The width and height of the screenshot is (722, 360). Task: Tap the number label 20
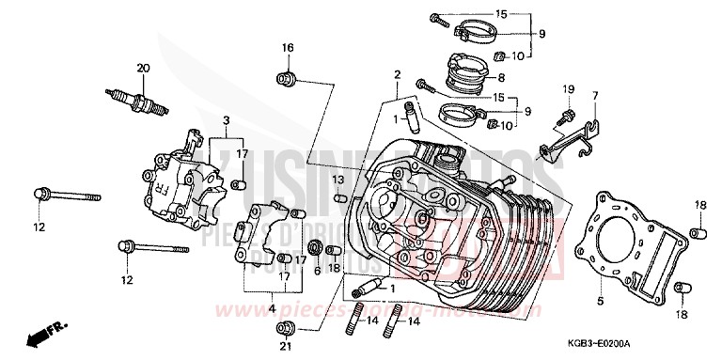click(x=144, y=67)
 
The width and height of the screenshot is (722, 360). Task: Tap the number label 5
click(x=598, y=302)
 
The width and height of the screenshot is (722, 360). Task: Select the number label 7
click(x=594, y=96)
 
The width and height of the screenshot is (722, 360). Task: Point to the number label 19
click(x=568, y=89)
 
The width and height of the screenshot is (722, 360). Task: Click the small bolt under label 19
click(x=568, y=117)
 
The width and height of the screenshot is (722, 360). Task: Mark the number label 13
click(x=337, y=180)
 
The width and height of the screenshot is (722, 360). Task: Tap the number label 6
click(x=318, y=271)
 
